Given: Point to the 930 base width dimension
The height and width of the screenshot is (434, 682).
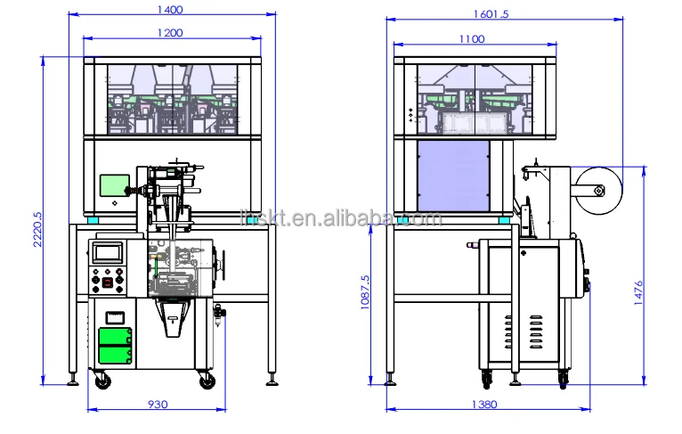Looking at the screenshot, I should pyautogui.click(x=157, y=405).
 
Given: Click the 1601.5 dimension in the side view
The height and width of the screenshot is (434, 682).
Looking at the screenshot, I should pyautogui.click(x=492, y=14).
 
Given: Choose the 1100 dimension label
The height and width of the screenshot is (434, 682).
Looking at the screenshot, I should pyautogui.click(x=472, y=38).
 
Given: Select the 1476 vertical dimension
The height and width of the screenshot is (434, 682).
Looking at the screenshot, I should pyautogui.click(x=639, y=292).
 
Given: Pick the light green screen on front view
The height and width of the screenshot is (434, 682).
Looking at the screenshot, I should pyautogui.click(x=113, y=185).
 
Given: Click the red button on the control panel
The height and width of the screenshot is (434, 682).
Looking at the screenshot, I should pyautogui.click(x=107, y=283).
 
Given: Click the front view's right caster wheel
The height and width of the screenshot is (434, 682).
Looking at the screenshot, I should pyautogui.click(x=208, y=381).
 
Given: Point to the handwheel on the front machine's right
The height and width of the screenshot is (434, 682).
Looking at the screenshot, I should pyautogui.click(x=220, y=262).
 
